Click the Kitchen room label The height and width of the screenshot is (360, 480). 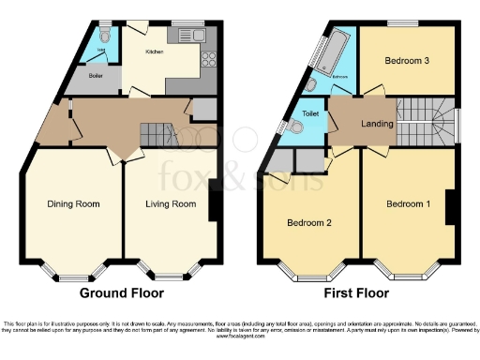pyautogui.click(x=155, y=52)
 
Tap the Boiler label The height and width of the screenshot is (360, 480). pyautogui.click(x=96, y=75)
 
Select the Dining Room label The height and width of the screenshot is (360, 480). pyautogui.click(x=73, y=203)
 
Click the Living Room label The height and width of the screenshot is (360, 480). pyautogui.click(x=170, y=203)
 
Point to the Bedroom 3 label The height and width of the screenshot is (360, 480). pyautogui.click(x=407, y=61)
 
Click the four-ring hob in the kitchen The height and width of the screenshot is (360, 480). pyautogui.click(x=209, y=57)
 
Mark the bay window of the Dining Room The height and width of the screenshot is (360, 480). pyautogui.click(x=72, y=277)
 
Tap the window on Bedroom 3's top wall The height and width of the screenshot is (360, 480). pyautogui.click(x=404, y=21)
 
